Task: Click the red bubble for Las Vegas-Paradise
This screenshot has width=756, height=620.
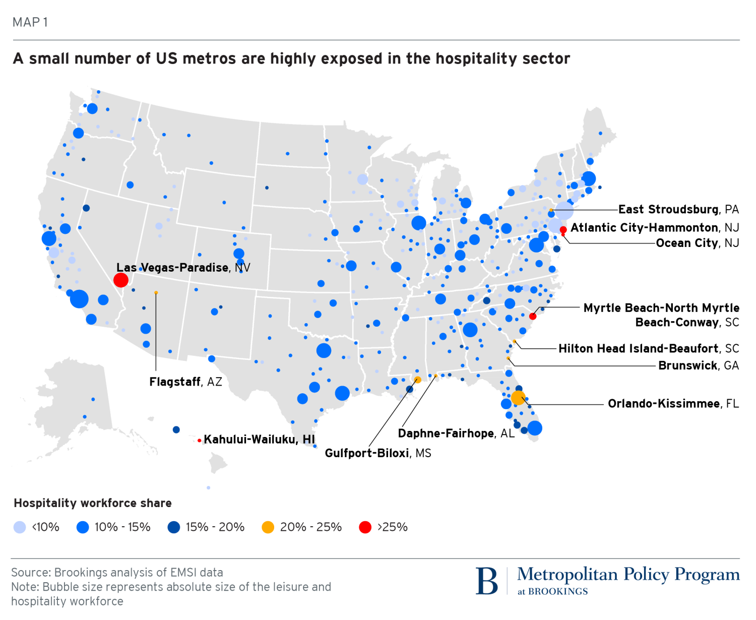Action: click(x=120, y=280)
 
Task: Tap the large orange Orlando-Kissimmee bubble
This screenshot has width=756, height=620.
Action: click(x=518, y=398)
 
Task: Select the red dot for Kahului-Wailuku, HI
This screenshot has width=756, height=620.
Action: click(x=200, y=441)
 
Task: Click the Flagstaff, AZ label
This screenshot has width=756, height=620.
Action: click(x=185, y=382)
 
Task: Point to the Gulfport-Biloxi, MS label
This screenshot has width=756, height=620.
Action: click(x=378, y=453)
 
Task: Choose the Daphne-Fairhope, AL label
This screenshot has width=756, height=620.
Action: click(x=456, y=433)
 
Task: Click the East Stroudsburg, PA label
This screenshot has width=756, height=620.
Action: click(x=678, y=209)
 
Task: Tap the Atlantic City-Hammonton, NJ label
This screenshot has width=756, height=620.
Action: click(x=655, y=227)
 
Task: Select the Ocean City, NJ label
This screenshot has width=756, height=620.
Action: click(x=698, y=243)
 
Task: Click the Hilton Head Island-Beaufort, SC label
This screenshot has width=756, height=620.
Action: click(x=649, y=348)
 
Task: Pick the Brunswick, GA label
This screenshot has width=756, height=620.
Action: click(x=699, y=365)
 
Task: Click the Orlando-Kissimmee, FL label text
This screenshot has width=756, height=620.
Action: click(x=673, y=404)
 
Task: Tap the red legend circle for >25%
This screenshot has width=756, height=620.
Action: click(x=365, y=527)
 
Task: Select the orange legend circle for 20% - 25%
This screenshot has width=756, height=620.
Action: click(x=268, y=527)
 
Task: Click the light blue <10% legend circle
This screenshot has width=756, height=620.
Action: click(x=20, y=527)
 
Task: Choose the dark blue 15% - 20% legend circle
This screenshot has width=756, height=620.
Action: click(x=174, y=527)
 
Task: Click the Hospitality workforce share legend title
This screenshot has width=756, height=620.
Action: click(x=93, y=503)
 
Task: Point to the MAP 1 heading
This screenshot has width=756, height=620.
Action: click(x=30, y=22)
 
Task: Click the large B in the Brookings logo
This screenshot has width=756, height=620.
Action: click(x=486, y=581)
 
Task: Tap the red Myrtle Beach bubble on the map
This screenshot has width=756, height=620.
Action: click(x=533, y=316)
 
